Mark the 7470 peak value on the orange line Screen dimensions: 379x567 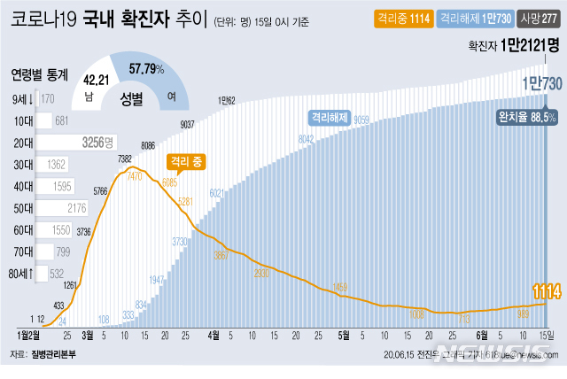[136, 177]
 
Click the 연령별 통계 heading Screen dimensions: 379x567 [39, 73]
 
